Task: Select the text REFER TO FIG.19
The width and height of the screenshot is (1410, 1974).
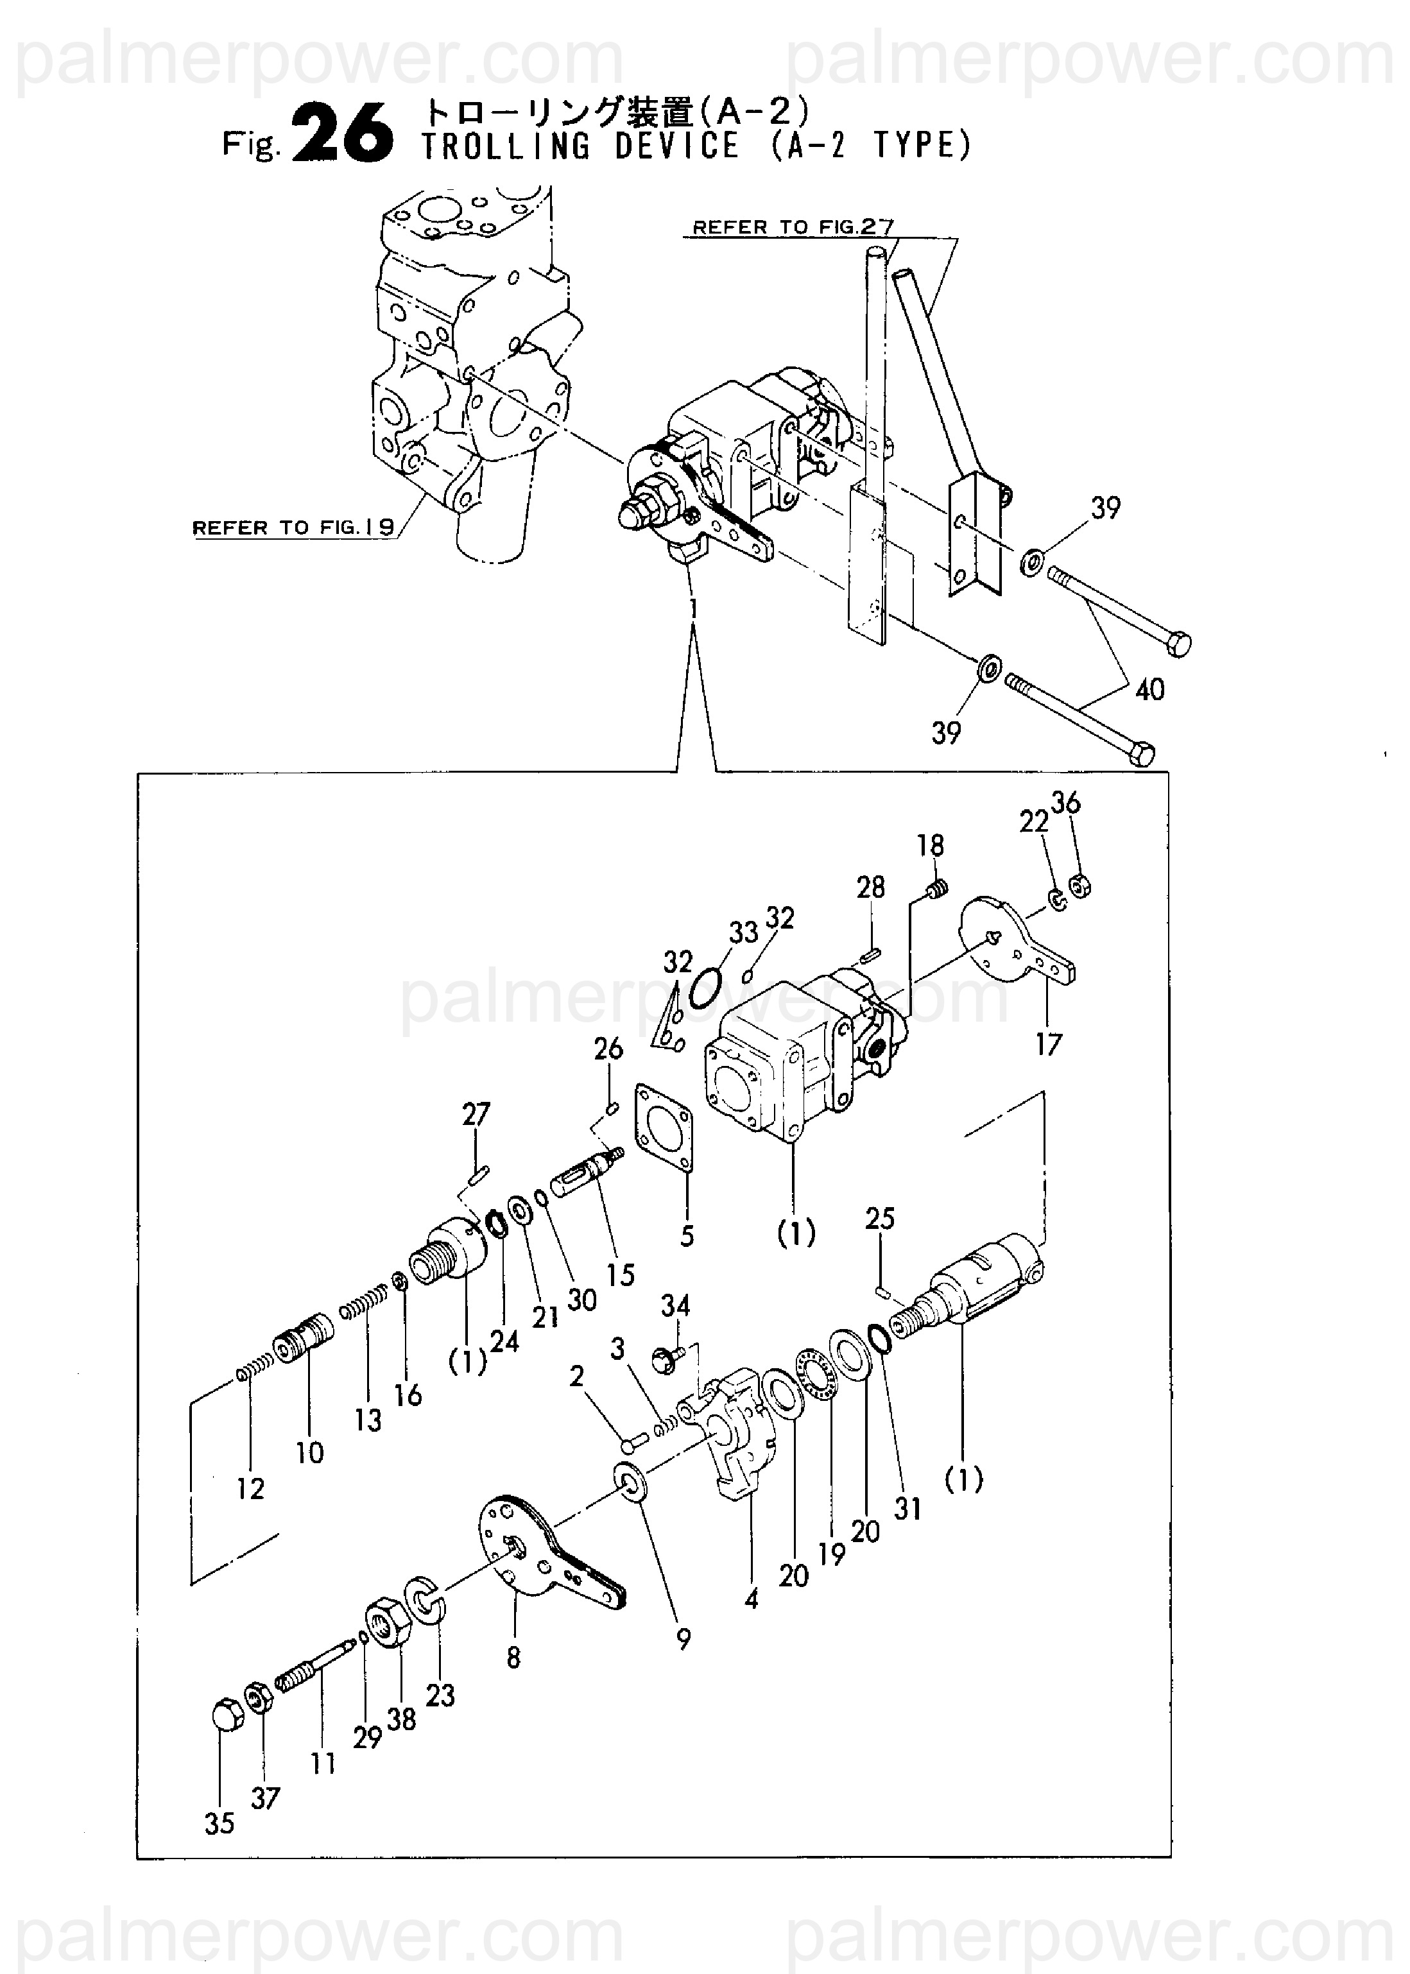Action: pyautogui.click(x=293, y=527)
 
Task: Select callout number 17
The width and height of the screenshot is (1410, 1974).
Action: pyautogui.click(x=1048, y=1044)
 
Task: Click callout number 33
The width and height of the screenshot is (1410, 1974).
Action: pyautogui.click(x=743, y=932)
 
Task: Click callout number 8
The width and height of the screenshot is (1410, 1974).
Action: pyautogui.click(x=513, y=1658)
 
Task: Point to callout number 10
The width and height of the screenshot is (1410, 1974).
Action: pyautogui.click(x=309, y=1453)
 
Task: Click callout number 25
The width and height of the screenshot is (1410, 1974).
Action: pyautogui.click(x=879, y=1220)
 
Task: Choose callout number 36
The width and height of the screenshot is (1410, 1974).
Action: pyautogui.click(x=1065, y=803)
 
